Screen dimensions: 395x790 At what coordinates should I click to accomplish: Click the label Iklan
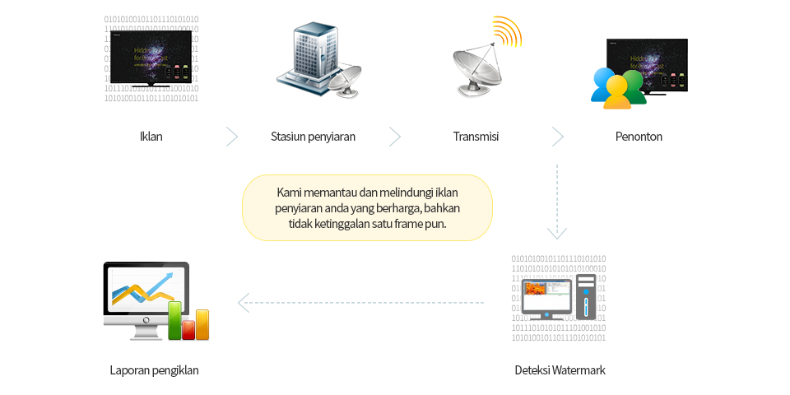tap(151, 137)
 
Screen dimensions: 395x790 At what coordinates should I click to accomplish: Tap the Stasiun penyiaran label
tap(313, 137)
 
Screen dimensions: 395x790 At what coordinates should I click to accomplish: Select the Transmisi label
tap(476, 137)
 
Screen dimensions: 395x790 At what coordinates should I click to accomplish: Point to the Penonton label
tap(639, 137)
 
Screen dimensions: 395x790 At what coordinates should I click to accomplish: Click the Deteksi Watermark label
tap(560, 370)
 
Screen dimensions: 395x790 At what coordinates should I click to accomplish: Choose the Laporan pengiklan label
tap(154, 370)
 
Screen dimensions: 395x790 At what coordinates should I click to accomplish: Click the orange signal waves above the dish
tap(508, 32)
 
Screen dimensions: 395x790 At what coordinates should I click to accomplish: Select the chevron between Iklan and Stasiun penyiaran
tap(232, 137)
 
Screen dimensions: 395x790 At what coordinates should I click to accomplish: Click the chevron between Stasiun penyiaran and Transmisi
tap(395, 137)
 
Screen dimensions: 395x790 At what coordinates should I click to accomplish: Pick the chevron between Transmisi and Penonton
tap(558, 137)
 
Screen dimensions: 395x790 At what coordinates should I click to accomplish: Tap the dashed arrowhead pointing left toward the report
tap(244, 303)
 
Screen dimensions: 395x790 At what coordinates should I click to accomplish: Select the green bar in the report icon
tap(174, 320)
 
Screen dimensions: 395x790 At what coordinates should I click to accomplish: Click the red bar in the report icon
tap(188, 329)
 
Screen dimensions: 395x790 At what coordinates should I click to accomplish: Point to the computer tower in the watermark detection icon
tap(585, 296)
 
